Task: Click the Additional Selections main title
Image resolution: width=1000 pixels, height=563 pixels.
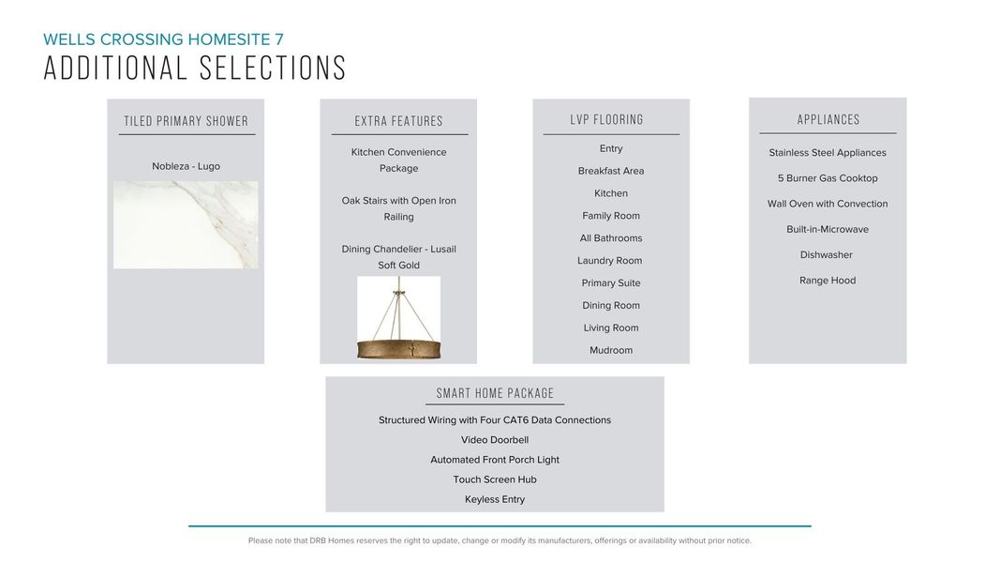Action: pyautogui.click(x=195, y=68)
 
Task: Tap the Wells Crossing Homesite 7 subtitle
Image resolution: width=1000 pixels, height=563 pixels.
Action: pyautogui.click(x=163, y=39)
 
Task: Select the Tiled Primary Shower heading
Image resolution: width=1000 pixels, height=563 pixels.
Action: pyautogui.click(x=187, y=121)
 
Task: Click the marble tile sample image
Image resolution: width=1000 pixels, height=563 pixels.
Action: pyautogui.click(x=186, y=225)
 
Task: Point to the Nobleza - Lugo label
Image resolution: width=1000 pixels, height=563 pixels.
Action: pyautogui.click(x=186, y=166)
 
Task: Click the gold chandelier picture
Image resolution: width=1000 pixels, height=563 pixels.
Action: pyautogui.click(x=398, y=318)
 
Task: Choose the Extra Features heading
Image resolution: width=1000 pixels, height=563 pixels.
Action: pyautogui.click(x=398, y=121)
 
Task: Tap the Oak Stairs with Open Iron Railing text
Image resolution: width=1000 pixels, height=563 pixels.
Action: pyautogui.click(x=398, y=208)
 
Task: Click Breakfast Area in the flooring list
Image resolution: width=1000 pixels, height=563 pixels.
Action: pyautogui.click(x=611, y=171)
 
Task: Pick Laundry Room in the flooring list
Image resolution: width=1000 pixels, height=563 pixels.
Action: pyautogui.click(x=610, y=261)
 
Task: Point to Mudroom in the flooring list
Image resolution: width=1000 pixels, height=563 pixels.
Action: pyautogui.click(x=611, y=350)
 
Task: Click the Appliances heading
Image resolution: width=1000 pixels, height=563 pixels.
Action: pyautogui.click(x=828, y=120)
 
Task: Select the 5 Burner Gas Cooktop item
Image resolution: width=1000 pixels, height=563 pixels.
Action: pyautogui.click(x=828, y=178)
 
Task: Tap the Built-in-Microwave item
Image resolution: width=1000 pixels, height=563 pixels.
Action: pyautogui.click(x=828, y=229)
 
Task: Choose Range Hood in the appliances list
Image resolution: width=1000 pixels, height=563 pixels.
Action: pyautogui.click(x=828, y=281)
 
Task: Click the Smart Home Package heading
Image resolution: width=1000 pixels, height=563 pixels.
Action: pyautogui.click(x=495, y=393)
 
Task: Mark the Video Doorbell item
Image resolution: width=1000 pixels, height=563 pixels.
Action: pyautogui.click(x=495, y=440)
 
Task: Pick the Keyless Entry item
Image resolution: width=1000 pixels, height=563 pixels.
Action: pyautogui.click(x=495, y=499)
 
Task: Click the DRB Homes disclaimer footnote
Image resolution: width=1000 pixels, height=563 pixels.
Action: pyautogui.click(x=500, y=540)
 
